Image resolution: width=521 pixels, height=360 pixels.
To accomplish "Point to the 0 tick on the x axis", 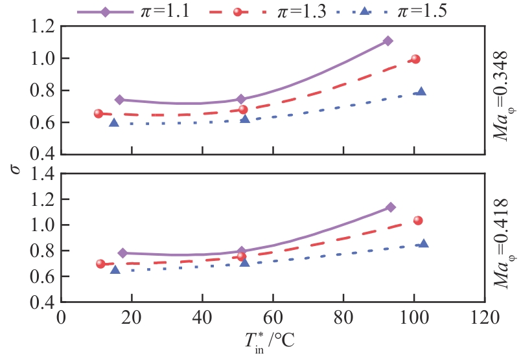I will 62,318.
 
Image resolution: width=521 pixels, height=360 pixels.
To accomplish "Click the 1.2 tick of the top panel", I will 43,27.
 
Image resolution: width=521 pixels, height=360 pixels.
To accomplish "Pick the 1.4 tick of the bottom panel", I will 43,174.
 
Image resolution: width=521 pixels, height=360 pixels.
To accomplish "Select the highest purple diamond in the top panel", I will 388,41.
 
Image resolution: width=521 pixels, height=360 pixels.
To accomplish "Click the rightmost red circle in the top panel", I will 415,59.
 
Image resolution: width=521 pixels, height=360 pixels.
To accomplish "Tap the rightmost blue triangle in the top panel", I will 421,91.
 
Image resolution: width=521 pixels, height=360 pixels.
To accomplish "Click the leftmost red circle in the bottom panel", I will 100,264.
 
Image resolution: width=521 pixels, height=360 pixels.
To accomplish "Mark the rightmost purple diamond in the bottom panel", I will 390,207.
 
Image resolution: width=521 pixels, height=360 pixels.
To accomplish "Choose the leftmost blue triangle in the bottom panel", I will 115,269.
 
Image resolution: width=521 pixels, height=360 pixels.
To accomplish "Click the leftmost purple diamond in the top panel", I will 119,100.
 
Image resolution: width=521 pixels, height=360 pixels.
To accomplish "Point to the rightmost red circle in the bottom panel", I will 418,221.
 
